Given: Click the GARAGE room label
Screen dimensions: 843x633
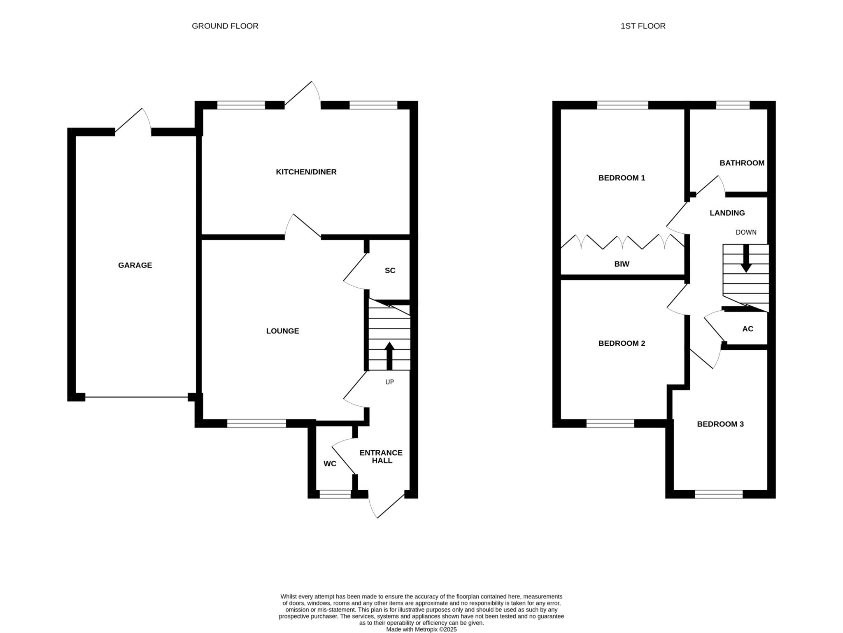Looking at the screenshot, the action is (x=135, y=265).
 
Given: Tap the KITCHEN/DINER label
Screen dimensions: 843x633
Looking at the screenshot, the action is (x=306, y=172).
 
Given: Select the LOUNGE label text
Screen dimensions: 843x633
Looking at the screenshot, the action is (x=282, y=331).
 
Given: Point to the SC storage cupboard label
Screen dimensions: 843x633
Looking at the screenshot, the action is (x=390, y=270).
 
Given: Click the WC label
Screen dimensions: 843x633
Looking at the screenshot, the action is (x=330, y=464).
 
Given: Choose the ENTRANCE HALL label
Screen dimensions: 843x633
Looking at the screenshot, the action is (x=381, y=456).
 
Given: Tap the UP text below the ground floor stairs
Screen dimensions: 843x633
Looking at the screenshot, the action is (x=389, y=382).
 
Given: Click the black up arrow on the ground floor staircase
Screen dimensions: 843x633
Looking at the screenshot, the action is (x=389, y=356).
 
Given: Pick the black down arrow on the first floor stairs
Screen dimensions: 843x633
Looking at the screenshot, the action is (x=746, y=258).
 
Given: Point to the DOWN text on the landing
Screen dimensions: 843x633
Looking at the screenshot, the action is (x=746, y=232).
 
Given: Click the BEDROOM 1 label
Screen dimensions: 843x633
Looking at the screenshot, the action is (x=622, y=178).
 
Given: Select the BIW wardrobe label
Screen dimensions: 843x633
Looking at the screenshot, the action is (x=622, y=264).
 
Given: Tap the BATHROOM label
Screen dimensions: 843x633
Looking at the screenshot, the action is (x=742, y=163).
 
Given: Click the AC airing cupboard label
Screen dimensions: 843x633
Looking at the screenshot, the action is (x=748, y=329).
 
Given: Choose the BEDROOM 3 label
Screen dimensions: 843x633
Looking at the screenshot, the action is (x=720, y=424).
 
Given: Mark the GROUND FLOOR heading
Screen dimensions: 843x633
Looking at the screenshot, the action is (x=225, y=26).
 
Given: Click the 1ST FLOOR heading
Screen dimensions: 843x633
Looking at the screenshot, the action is (x=643, y=26).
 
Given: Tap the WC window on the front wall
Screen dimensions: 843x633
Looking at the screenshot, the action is (x=335, y=494).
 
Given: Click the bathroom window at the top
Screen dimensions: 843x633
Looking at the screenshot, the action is (x=733, y=105).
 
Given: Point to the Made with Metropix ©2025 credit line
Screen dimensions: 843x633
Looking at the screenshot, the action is (x=421, y=629).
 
